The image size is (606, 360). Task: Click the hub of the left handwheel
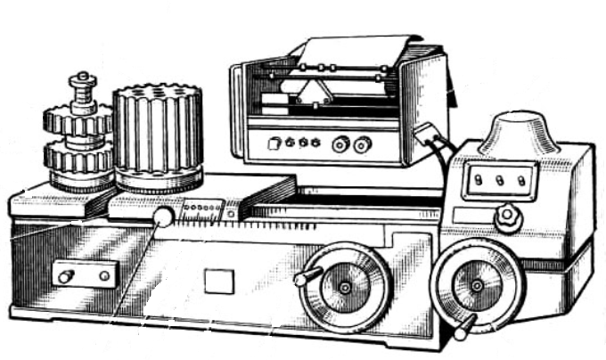(345, 288)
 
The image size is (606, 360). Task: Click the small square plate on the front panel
(217, 282)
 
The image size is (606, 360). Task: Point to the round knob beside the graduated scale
(162, 217)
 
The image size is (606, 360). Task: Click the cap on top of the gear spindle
(83, 82)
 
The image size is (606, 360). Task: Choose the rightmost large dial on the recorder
(362, 144)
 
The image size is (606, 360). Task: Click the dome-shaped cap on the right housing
(520, 130)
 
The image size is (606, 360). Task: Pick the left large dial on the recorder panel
(340, 143)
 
